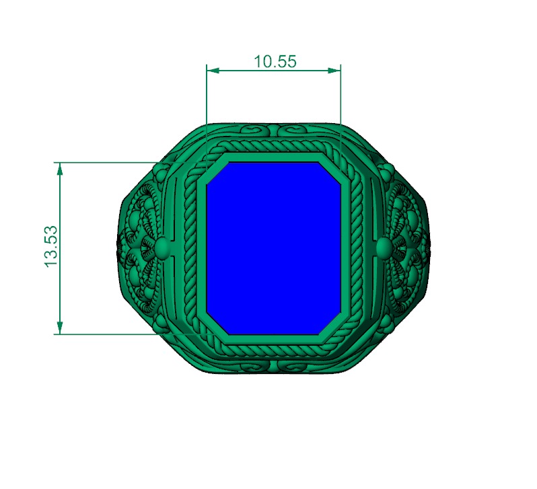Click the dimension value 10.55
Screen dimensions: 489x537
275,61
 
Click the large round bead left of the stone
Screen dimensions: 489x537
161,248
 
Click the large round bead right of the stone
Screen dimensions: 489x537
384,248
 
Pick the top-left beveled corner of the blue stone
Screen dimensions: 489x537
215,172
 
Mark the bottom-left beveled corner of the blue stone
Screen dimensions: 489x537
215,324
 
